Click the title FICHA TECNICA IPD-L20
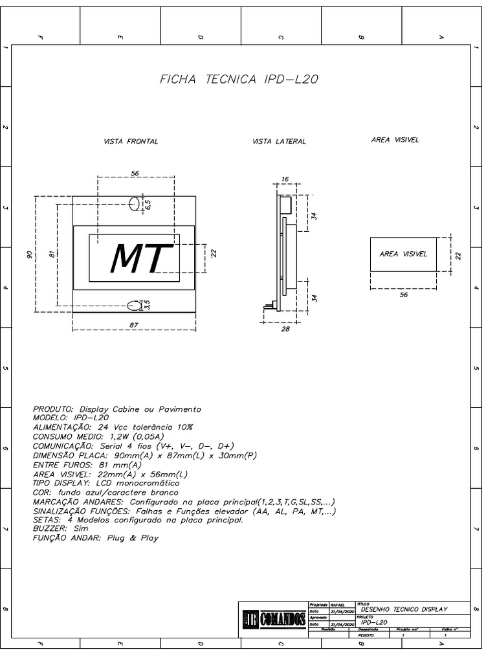239,80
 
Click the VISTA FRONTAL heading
131,141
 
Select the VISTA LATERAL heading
279,141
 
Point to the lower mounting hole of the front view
135,305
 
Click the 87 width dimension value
134,325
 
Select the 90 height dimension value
30,254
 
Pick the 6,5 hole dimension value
148,204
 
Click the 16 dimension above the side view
285,179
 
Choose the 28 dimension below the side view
286,329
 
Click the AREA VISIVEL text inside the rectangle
403,254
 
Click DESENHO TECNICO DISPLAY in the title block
404,609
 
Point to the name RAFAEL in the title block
338,603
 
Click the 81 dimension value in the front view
52,254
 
